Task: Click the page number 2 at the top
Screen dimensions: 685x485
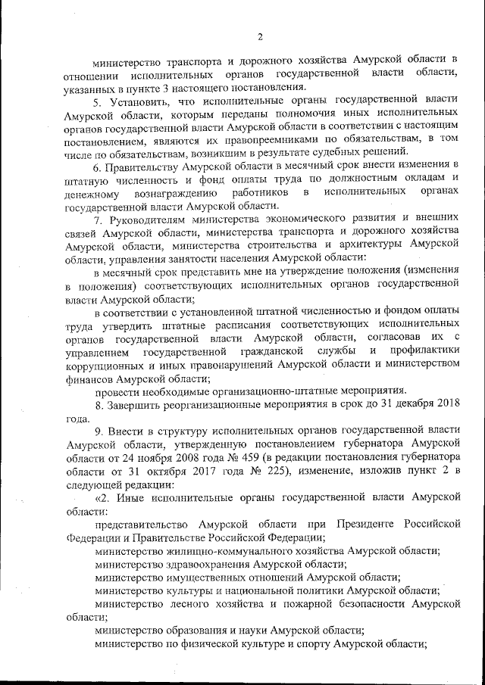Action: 259,36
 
